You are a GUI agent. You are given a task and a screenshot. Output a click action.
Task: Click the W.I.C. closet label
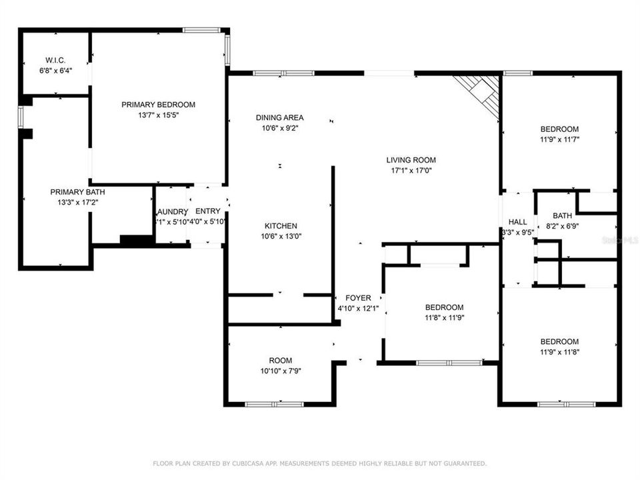click(x=55, y=59)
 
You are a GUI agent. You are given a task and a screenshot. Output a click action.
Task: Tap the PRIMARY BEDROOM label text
click(x=158, y=105)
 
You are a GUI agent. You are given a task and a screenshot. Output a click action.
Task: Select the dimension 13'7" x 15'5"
click(x=158, y=115)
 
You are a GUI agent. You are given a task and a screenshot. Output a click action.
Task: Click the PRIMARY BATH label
click(x=77, y=192)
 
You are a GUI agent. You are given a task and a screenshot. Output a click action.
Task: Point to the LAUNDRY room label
click(x=171, y=211)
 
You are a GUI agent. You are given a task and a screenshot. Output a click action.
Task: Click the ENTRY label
click(x=207, y=211)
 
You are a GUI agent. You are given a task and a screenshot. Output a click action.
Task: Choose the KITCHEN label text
click(x=280, y=226)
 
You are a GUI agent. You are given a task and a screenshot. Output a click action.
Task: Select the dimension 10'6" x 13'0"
click(x=280, y=237)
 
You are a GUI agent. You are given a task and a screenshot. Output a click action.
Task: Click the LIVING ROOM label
click(x=411, y=160)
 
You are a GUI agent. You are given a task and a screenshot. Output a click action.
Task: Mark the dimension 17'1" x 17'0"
click(x=411, y=171)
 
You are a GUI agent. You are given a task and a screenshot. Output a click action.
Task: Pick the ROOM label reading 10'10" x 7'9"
click(x=280, y=360)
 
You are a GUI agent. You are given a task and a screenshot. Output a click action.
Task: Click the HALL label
click(x=518, y=222)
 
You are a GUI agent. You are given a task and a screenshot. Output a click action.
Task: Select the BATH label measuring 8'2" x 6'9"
click(x=562, y=216)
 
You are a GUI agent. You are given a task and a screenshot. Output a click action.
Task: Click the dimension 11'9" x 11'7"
click(x=559, y=140)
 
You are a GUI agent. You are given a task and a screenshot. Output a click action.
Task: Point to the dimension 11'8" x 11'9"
click(x=444, y=318)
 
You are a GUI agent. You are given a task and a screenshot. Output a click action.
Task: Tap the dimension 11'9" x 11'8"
click(x=559, y=352)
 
